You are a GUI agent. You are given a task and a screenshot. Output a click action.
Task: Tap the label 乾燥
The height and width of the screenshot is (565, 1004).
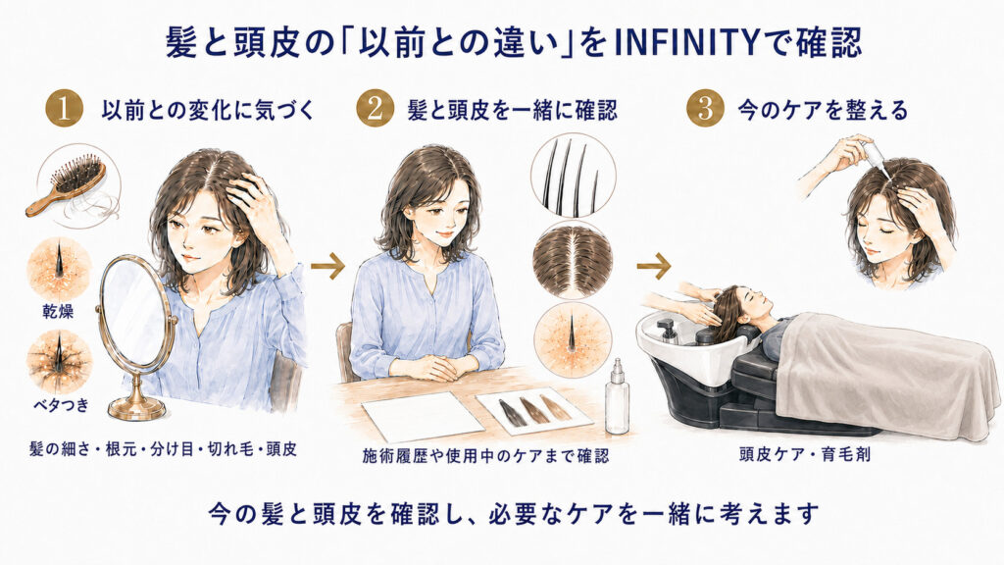click(58, 312)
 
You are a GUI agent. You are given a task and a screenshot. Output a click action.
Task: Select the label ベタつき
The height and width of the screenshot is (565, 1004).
click(60, 405)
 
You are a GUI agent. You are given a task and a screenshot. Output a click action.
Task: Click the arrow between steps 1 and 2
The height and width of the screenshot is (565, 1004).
click(327, 265)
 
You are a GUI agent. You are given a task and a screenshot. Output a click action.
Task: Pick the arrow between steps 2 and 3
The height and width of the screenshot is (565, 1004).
click(654, 265)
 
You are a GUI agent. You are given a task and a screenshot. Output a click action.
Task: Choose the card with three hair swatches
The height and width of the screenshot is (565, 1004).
click(534, 410)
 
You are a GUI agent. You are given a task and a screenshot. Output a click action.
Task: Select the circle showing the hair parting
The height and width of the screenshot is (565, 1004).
click(573, 261)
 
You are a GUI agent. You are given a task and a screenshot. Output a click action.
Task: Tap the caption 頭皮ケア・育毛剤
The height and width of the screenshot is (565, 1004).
click(804, 455)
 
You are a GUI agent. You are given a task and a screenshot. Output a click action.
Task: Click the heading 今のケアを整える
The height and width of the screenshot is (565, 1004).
click(823, 110)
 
